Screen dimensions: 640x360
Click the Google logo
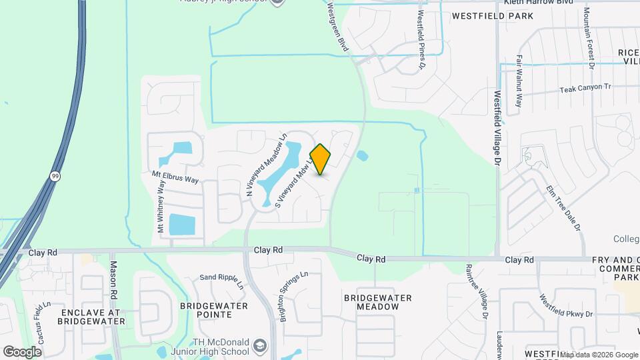point(23,351)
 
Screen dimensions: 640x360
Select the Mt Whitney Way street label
point(161,207)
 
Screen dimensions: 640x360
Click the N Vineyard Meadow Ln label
point(265,165)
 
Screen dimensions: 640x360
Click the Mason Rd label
point(113,280)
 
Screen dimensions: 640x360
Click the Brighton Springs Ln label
point(294,295)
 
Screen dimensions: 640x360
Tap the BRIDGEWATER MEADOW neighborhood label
point(377,302)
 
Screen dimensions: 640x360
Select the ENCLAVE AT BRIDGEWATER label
point(91,316)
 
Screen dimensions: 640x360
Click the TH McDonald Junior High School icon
point(259,346)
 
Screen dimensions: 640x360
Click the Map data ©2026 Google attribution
point(599,355)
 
